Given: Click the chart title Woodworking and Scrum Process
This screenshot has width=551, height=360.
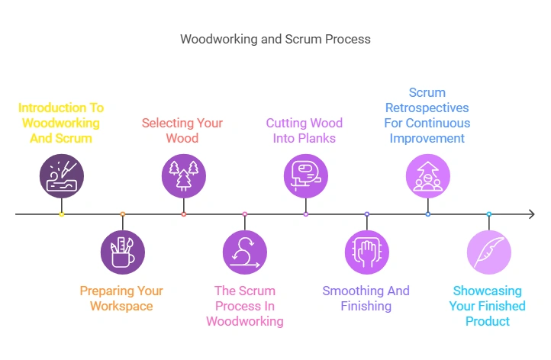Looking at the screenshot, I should tap(275, 39).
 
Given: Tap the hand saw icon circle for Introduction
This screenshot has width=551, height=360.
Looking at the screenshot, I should tap(62, 175).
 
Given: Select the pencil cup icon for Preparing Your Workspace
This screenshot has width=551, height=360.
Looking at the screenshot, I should tap(123, 252).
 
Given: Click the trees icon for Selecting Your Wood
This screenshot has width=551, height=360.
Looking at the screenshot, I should tap(184, 175).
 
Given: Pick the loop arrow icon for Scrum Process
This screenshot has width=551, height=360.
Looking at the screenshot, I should tap(245, 252).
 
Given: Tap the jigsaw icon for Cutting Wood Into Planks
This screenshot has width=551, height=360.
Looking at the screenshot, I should tap(306, 175).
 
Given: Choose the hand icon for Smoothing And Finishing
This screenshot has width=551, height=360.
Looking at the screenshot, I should tap(367, 252).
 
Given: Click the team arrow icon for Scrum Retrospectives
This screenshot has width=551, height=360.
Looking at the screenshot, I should tap(428, 175).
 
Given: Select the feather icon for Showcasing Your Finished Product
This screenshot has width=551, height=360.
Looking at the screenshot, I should tap(489, 252).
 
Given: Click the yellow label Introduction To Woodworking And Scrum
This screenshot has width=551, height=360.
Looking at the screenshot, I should tap(61, 123).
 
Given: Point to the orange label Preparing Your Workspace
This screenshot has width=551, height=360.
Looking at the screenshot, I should tap(121, 298).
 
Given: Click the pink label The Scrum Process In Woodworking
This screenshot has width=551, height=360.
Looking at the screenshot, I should tap(244, 306).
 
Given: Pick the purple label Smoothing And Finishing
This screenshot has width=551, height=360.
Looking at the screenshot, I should tap(366, 298).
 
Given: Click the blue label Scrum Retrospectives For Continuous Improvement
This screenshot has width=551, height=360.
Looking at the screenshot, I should tap(427, 115).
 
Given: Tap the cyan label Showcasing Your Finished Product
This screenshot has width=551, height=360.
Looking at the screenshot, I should tap(488, 306).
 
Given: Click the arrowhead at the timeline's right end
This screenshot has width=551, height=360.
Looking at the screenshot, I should tap(531, 214).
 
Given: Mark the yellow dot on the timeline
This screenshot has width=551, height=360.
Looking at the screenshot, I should tap(62, 214).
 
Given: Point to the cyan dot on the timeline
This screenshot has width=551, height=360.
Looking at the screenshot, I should tap(489, 214).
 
